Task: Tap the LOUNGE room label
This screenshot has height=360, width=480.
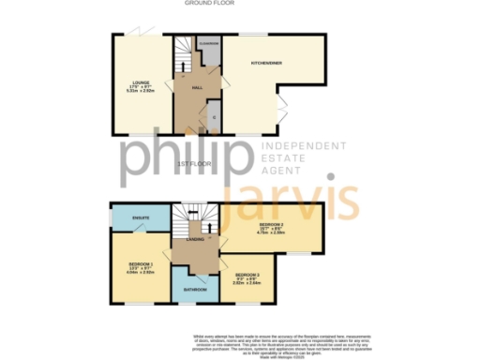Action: [x=142, y=83]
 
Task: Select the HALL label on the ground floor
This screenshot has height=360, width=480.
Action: [x=198, y=86]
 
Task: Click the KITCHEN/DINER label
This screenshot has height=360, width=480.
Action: [x=266, y=63]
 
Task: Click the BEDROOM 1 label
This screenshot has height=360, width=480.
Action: [x=141, y=265]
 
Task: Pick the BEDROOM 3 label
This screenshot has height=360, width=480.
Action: [x=245, y=274]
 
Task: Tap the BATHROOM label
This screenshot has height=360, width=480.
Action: [x=196, y=290]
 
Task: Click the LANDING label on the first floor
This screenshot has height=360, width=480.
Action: [x=196, y=240]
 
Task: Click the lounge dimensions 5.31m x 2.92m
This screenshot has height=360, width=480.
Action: [x=142, y=93]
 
